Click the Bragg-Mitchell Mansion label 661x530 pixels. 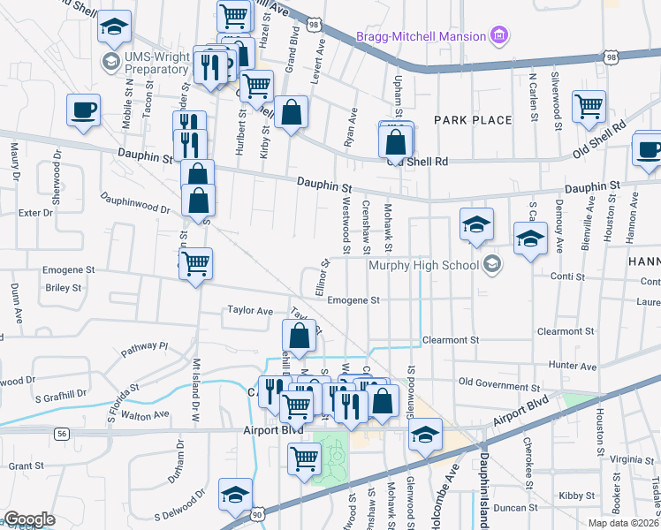point(421,36)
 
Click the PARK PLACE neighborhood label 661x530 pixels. point(473,119)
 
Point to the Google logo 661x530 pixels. point(29,519)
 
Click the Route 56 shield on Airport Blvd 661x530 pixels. point(61,434)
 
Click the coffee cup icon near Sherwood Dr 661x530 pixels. point(84,110)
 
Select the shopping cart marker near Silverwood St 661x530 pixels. point(588,106)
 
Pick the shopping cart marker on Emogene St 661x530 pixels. point(195,262)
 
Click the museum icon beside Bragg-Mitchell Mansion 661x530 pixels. point(499,36)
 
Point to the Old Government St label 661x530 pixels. point(498,387)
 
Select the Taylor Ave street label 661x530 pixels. point(250,311)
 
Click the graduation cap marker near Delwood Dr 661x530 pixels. point(236,492)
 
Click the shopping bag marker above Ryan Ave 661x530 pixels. point(291,112)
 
